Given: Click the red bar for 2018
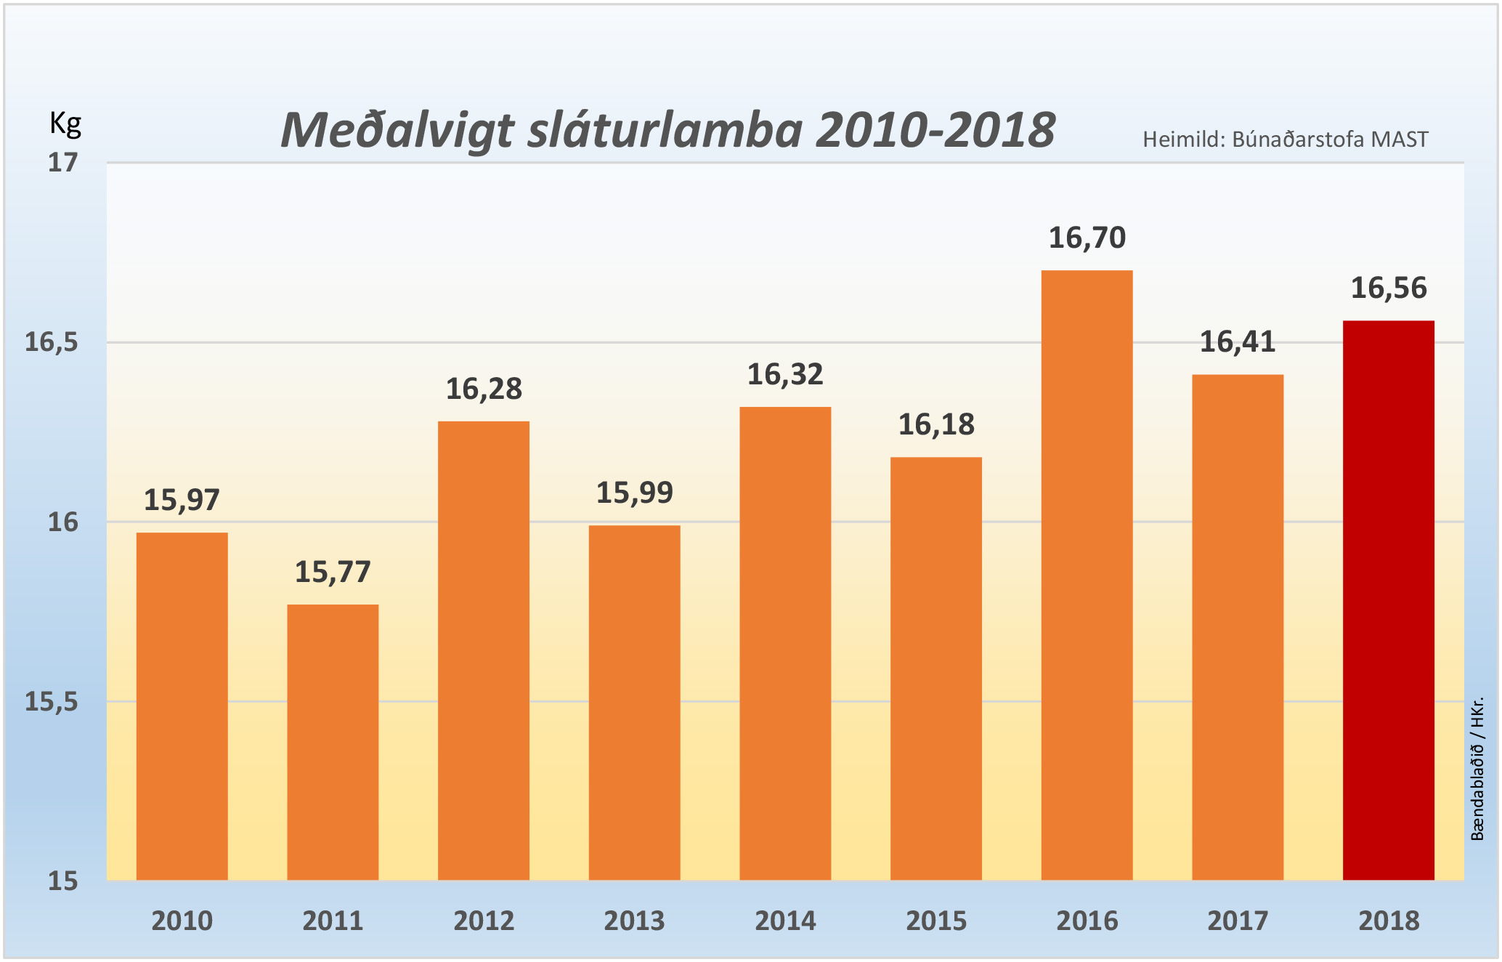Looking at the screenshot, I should coord(1388,600).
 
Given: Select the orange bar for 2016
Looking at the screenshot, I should coord(1087,575).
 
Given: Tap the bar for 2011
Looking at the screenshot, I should coord(333,742).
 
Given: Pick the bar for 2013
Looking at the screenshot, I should coord(634,703).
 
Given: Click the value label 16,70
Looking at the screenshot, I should coord(1087,238).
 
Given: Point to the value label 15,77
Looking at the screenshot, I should coord(333,573).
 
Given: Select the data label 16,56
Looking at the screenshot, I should coord(1388,288).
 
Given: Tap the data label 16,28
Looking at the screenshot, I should coord(484,389).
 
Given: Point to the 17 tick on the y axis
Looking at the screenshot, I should coord(62,163).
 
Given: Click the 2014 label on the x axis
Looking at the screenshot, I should coord(785,921).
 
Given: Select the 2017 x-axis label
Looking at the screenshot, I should coord(1238,921).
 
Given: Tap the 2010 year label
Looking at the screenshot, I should coord(182,921).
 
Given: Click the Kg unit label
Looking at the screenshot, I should coord(65,124).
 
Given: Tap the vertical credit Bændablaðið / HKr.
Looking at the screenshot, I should coord(1477,769).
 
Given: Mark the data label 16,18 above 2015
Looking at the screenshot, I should coord(935,425).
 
